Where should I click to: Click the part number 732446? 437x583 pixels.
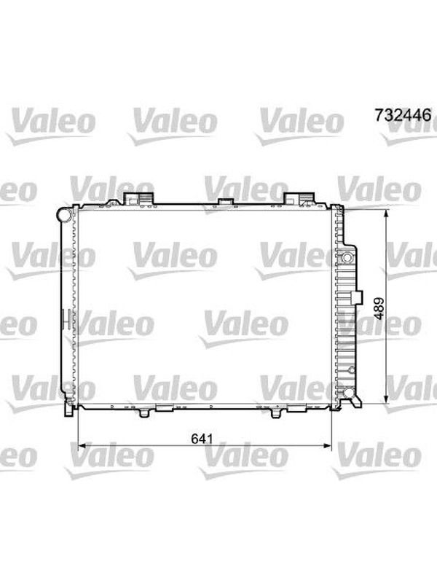pyautogui.click(x=403, y=115)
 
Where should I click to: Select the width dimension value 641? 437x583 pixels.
pyautogui.click(x=202, y=439)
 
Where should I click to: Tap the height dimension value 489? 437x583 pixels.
pyautogui.click(x=379, y=308)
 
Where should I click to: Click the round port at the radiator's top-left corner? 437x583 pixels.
pyautogui.click(x=64, y=215)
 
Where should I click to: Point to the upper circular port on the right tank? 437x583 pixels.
pyautogui.click(x=347, y=257)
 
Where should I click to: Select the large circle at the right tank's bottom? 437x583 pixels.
pyautogui.click(x=348, y=392)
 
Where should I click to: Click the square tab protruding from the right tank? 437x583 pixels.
pyautogui.click(x=356, y=297)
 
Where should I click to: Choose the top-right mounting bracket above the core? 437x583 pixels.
pyautogui.click(x=299, y=198)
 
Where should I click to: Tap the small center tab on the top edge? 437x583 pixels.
pyautogui.click(x=225, y=202)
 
